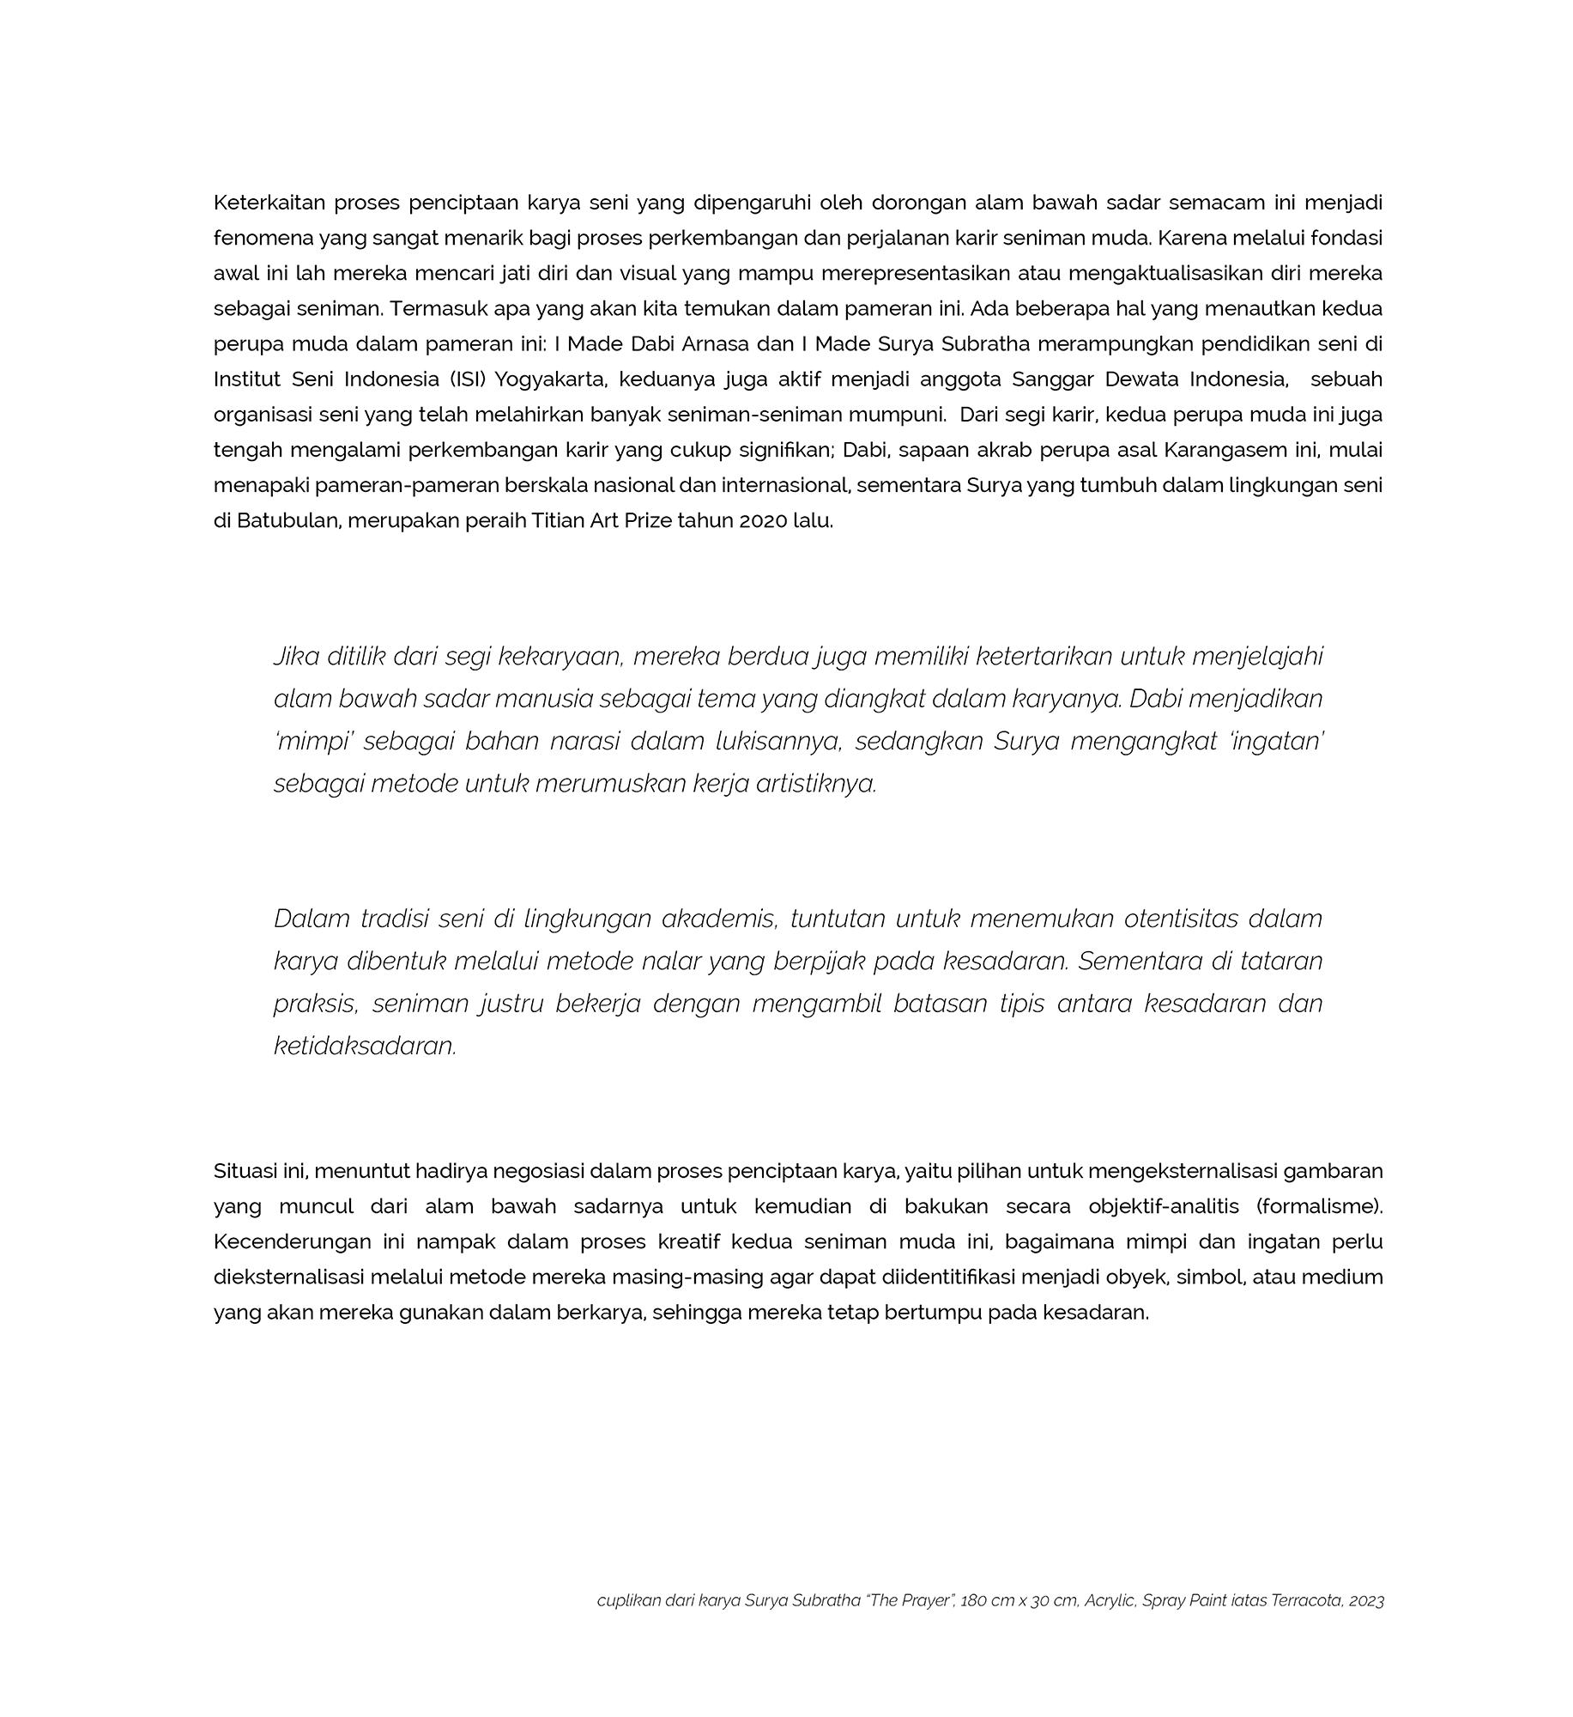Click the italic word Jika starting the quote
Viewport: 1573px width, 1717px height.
(x=296, y=657)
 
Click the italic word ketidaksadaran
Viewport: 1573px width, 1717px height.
(x=365, y=1047)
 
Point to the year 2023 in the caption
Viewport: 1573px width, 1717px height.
(x=1366, y=1601)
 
